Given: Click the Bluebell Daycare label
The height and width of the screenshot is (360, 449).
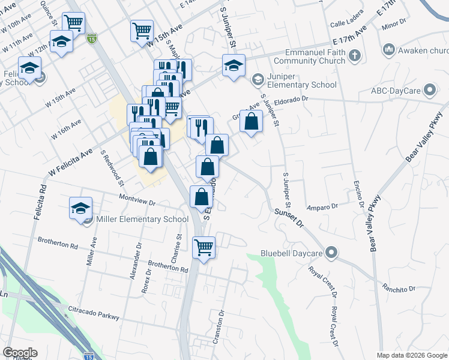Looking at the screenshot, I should point(292,254).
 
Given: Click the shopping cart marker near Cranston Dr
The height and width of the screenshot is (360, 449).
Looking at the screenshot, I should point(204,246).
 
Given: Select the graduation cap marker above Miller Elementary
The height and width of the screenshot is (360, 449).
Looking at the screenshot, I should point(80,208).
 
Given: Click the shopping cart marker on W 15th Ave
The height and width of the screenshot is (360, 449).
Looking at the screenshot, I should point(142,30).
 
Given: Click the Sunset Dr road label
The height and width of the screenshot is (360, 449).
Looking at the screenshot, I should point(290,218).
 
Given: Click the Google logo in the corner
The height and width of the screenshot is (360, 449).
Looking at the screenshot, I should point(20,353).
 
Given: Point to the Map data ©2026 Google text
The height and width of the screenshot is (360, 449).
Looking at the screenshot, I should point(411,355).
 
